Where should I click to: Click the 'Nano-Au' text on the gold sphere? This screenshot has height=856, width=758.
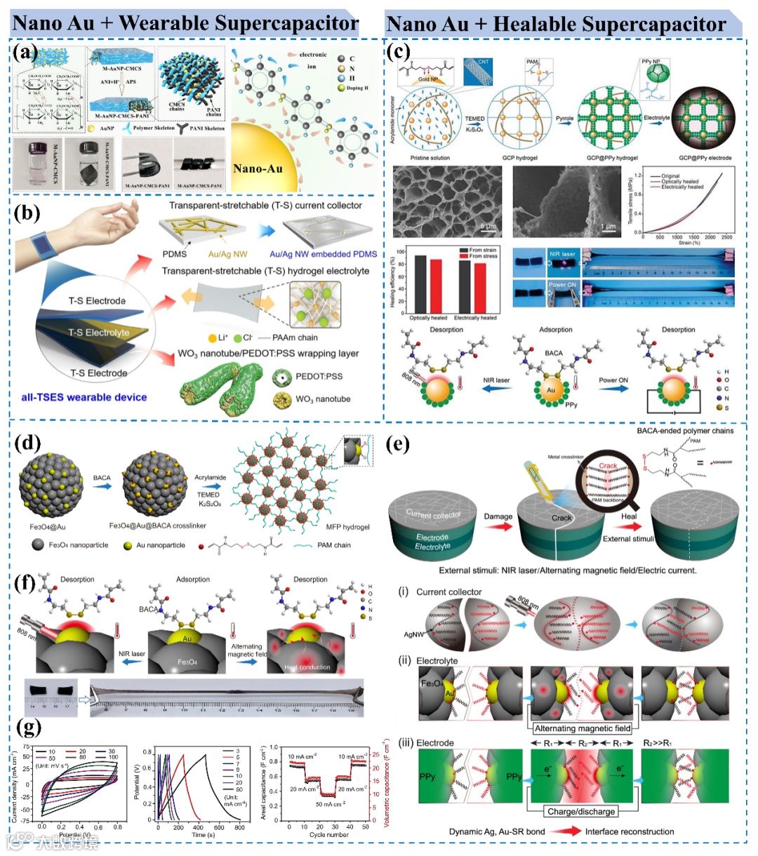pyautogui.click(x=258, y=168)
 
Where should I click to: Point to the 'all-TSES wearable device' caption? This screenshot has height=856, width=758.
pyautogui.click(x=84, y=397)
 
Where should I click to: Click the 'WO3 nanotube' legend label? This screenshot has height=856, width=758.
pyautogui.click(x=323, y=399)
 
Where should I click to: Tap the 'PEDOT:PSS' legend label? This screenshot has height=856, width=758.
pyautogui.click(x=319, y=377)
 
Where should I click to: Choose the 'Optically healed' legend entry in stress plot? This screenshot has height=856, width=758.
pyautogui.click(x=680, y=182)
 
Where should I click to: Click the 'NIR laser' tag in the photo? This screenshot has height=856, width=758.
pyautogui.click(x=562, y=254)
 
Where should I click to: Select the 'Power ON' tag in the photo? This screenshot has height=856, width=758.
pyautogui.click(x=562, y=285)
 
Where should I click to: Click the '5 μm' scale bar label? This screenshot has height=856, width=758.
pyautogui.click(x=487, y=227)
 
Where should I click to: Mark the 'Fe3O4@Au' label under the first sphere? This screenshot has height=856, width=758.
pyautogui.click(x=48, y=526)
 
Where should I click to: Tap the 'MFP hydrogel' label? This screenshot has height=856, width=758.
pyautogui.click(x=348, y=527)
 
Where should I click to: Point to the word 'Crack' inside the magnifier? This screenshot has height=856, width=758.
pyautogui.click(x=609, y=466)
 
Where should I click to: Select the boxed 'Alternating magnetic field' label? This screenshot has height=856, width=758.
pyautogui.click(x=583, y=728)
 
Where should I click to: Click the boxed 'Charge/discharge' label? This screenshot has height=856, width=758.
pyautogui.click(x=581, y=811)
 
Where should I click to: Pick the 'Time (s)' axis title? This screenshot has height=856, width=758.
pyautogui.click(x=204, y=835)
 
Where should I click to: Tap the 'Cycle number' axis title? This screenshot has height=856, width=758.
pyautogui.click(x=329, y=835)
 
